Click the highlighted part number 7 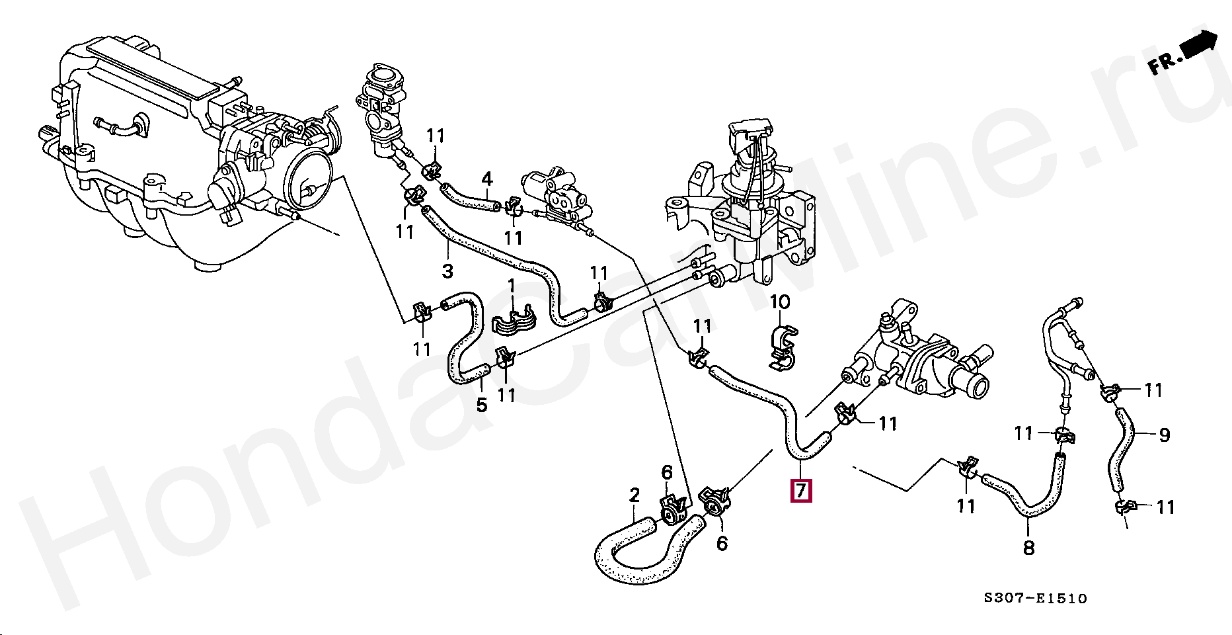click(x=801, y=490)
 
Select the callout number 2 click(x=635, y=495)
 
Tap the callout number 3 click(x=447, y=271)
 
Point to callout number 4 click(x=487, y=179)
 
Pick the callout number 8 click(x=1028, y=548)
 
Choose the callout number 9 click(x=1164, y=435)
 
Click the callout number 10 click(x=780, y=302)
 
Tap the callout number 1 click(x=511, y=286)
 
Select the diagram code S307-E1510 click(x=1034, y=599)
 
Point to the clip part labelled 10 click(x=784, y=345)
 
